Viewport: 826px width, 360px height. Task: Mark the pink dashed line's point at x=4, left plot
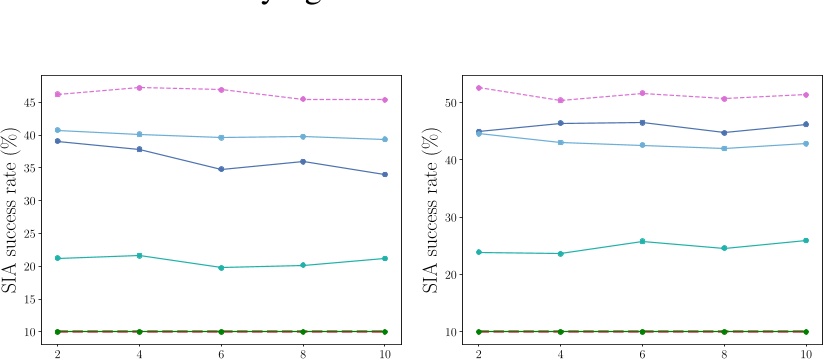[x=139, y=88]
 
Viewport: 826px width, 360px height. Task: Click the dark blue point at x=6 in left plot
[x=221, y=170]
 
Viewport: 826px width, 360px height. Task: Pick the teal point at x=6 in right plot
[x=642, y=241]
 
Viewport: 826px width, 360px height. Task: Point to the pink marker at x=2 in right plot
[x=478, y=88]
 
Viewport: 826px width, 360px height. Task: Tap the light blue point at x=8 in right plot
[x=724, y=149]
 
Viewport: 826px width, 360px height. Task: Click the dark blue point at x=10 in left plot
[x=385, y=175]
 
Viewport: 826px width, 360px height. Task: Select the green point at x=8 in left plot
[x=303, y=331]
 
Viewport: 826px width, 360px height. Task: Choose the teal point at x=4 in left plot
[x=139, y=256]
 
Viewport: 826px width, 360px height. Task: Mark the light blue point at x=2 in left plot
[x=57, y=130]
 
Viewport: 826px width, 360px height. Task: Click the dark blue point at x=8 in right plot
[x=724, y=133]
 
